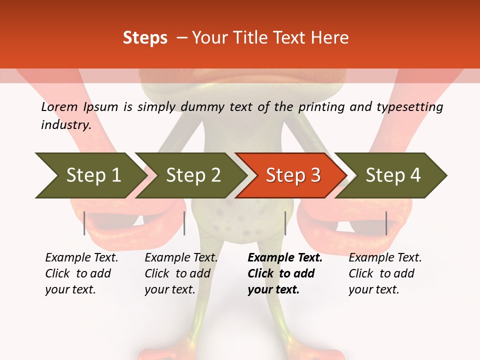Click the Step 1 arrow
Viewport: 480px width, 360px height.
point(90,175)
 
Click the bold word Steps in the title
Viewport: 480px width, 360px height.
point(145,38)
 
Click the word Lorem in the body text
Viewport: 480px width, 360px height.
point(59,107)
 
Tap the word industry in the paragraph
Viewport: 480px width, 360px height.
point(65,125)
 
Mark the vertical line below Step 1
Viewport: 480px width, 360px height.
point(84,223)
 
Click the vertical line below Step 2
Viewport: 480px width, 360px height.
point(184,223)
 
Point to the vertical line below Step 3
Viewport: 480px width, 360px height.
point(285,223)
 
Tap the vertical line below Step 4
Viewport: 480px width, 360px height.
point(386,223)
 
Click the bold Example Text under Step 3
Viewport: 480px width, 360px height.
point(285,258)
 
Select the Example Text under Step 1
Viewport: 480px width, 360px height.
point(81,258)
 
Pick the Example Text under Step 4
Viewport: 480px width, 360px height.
point(385,258)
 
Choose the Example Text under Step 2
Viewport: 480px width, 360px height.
point(181,258)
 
